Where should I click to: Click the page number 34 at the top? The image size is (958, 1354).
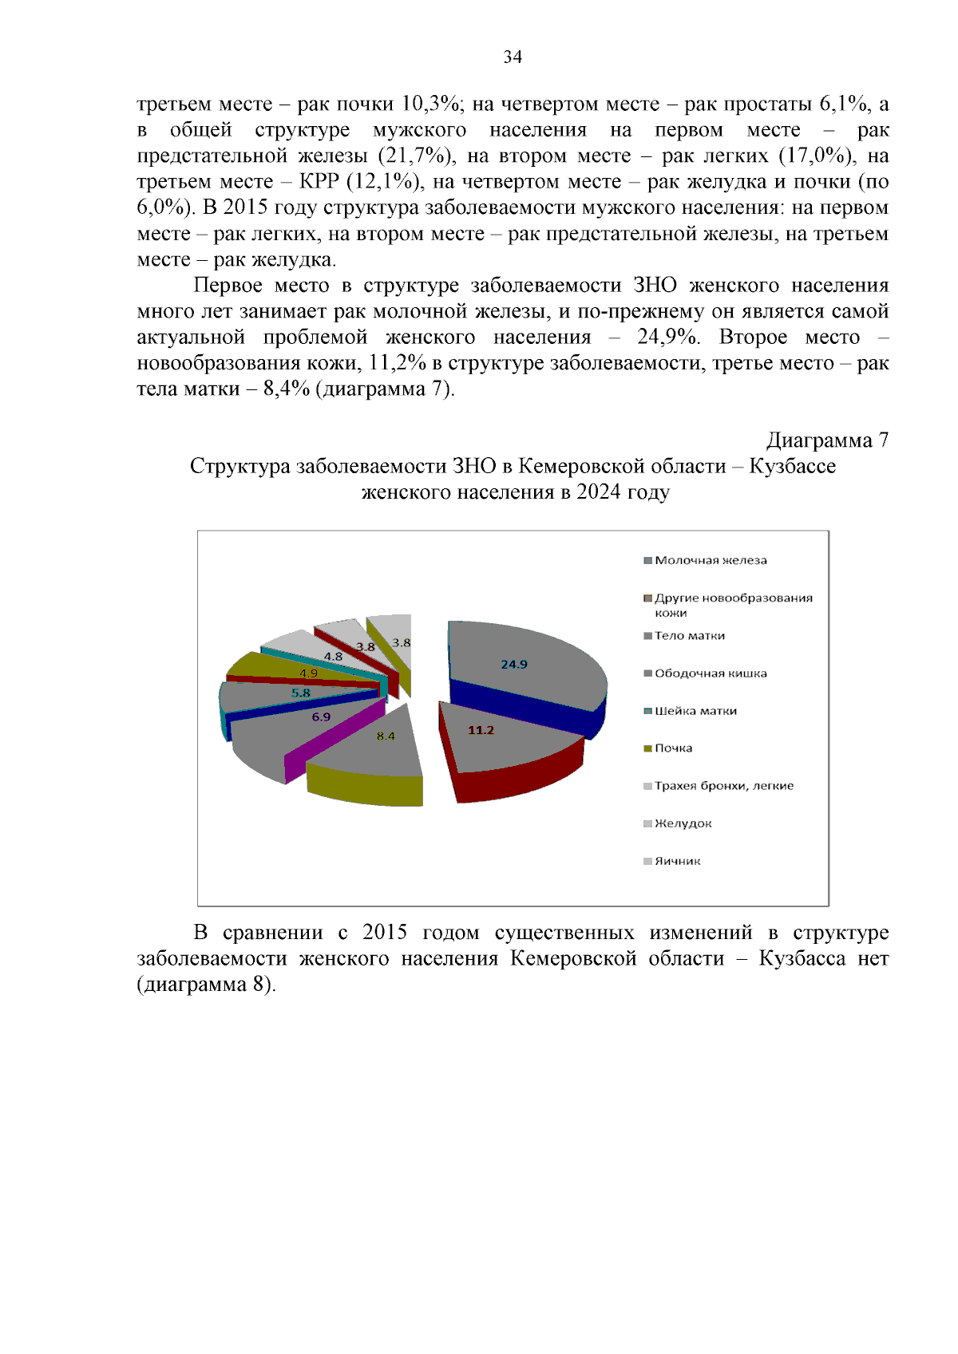pos(513,57)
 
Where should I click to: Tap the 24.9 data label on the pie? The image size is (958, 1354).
pos(514,664)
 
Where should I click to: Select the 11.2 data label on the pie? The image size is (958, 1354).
pos(481,730)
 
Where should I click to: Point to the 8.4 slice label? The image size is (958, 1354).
pos(386,736)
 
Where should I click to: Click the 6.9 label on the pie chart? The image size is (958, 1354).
pos(321,716)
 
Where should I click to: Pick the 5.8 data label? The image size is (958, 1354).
pos(301,693)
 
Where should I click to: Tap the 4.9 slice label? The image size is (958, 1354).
pos(308,673)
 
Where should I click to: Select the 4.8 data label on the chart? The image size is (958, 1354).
pos(333,656)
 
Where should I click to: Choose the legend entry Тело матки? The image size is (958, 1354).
pos(689,636)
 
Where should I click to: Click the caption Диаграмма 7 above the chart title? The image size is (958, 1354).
pos(827,440)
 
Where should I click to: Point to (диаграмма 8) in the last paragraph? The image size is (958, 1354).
pos(206,984)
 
